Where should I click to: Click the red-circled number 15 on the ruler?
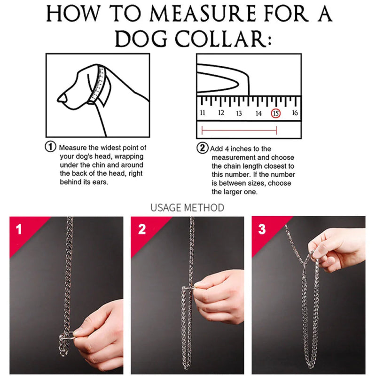276,113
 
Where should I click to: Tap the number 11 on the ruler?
203,112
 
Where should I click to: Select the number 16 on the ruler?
295,112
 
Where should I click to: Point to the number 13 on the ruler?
239,113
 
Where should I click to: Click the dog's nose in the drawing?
63,98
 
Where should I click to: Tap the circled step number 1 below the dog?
51,147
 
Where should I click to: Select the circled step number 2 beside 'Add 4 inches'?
203,148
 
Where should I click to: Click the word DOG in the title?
141,39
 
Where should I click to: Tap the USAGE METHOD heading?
187,208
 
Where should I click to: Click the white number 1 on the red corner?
19,229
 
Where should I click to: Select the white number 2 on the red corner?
142,229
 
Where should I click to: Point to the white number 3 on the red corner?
262,229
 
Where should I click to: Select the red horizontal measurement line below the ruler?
239,131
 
